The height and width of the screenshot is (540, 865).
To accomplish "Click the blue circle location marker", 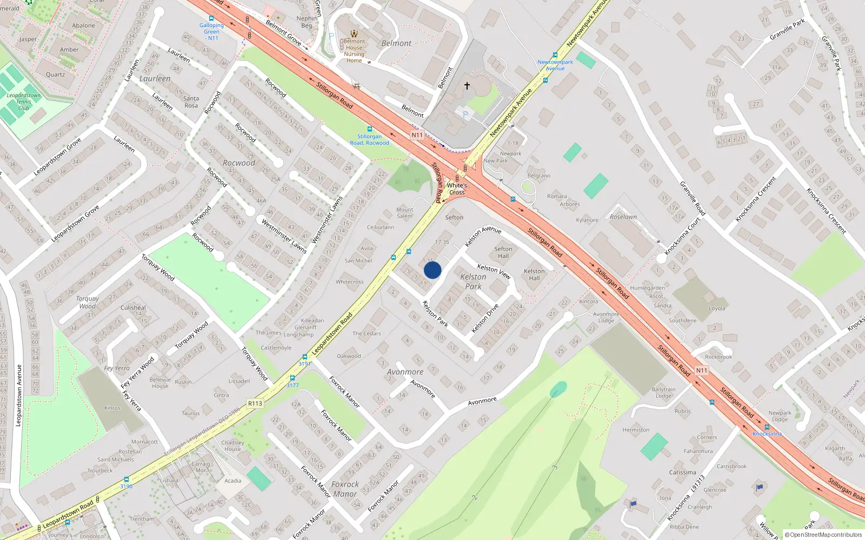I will point(432,270).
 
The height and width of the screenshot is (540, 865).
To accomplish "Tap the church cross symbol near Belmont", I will point(467,85).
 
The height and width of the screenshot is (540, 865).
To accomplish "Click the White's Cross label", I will point(457,188).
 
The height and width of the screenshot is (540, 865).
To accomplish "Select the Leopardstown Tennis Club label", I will point(24,102).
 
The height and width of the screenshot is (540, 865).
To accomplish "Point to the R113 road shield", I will point(255,403).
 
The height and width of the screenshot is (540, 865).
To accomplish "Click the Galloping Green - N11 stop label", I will point(211,31).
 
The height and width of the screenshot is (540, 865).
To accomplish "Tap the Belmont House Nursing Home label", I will point(354,51).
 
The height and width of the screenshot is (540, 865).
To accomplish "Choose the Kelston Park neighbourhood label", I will point(473,281).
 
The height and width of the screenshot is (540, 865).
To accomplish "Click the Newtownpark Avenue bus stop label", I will point(555,65).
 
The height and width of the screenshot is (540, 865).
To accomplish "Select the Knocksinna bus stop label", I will point(767,434).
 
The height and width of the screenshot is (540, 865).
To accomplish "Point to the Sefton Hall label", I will point(503,252).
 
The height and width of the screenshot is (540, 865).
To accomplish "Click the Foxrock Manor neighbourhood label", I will point(345,489).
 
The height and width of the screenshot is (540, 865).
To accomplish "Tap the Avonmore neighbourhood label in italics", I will point(405,372).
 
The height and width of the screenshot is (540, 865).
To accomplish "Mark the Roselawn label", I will point(623,217).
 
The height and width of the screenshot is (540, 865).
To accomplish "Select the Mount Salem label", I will point(404,213).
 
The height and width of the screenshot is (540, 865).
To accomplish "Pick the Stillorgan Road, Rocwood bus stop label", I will point(369,139).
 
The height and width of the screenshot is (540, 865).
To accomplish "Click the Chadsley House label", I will point(232,446).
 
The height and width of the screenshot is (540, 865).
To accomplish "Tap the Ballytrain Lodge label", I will point(663,392).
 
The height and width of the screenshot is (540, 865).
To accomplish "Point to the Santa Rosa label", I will point(191,102).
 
